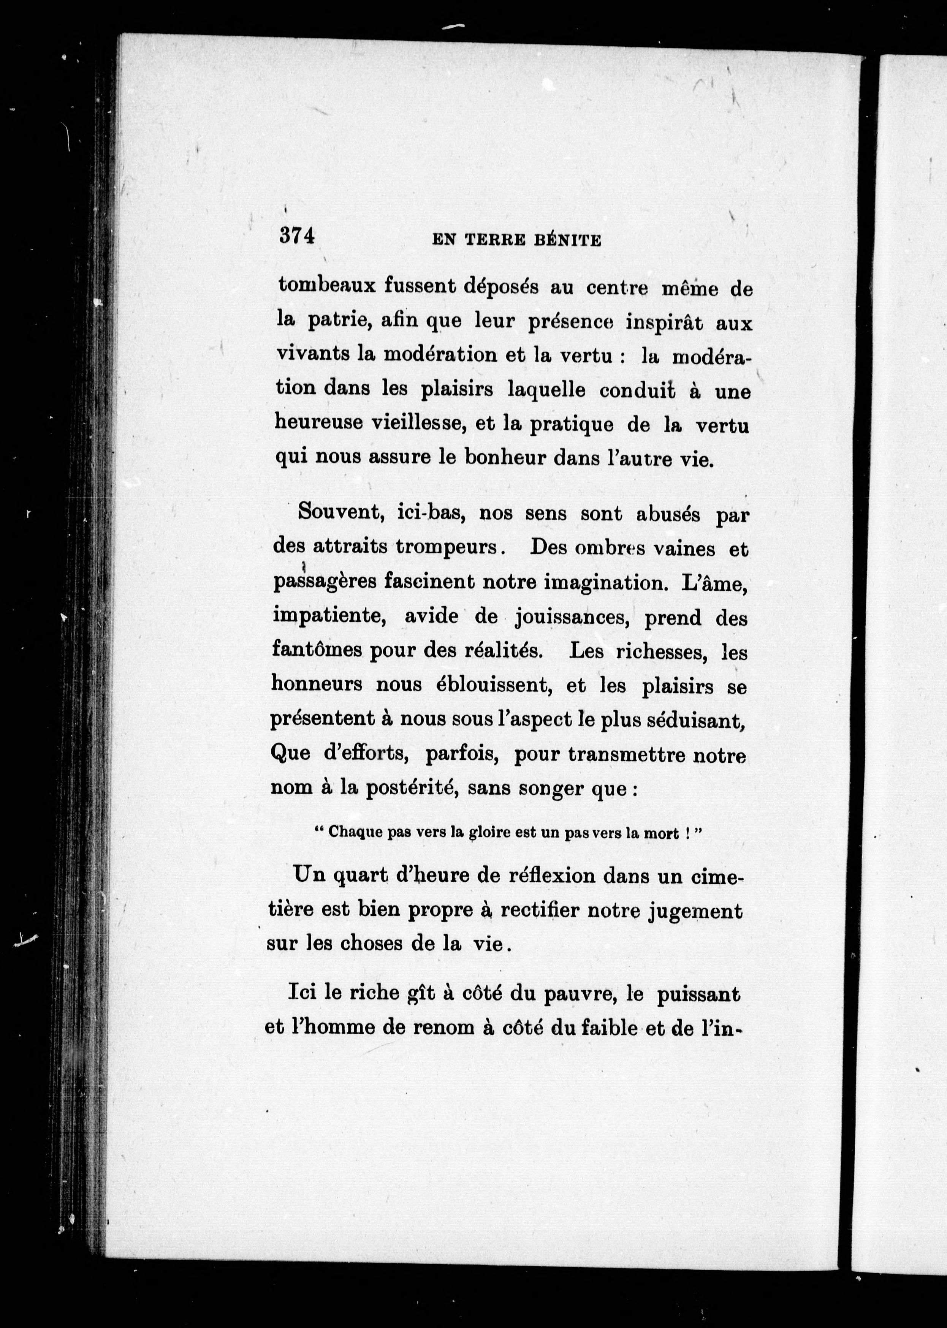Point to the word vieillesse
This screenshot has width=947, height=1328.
[x=416, y=424]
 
